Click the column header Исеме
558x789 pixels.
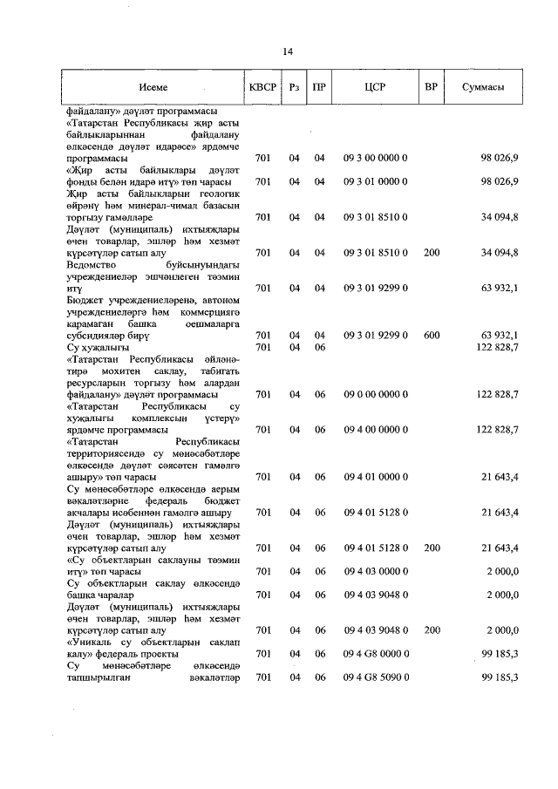click(152, 88)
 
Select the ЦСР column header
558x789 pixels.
click(376, 88)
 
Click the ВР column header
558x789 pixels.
click(431, 88)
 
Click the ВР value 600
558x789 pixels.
click(431, 335)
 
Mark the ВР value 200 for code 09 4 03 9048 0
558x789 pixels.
click(431, 629)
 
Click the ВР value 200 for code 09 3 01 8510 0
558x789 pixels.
click(431, 252)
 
